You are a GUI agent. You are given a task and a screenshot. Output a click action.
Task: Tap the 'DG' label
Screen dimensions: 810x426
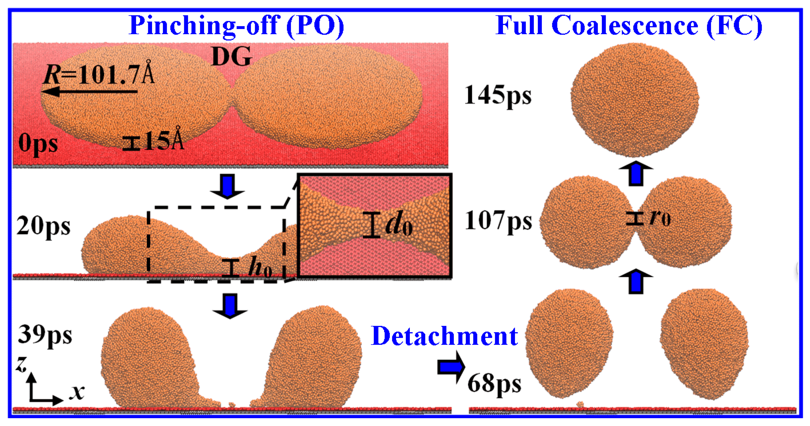[x=232, y=57]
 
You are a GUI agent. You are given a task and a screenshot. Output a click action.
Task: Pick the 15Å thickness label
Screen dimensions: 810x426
[x=164, y=140]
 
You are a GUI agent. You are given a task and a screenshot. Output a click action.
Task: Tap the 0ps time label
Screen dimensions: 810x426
[x=38, y=143]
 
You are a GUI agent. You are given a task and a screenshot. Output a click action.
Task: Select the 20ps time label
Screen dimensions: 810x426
[x=43, y=226]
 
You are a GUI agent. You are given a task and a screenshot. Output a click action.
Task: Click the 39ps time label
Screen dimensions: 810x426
[x=45, y=335]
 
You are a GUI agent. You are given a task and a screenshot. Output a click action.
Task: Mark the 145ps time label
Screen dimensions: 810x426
[x=498, y=95]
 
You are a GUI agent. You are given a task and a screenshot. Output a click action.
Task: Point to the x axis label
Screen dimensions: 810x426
[x=77, y=392]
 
